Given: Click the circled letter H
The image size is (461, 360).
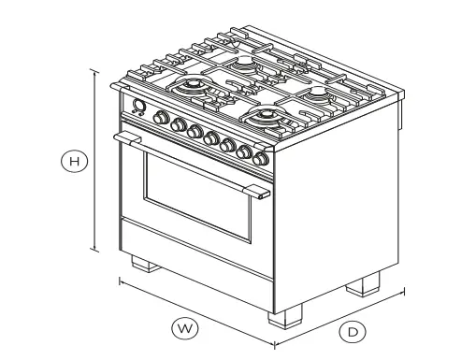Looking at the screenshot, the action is click(73, 161).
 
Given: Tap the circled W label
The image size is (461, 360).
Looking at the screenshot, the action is click(185, 328).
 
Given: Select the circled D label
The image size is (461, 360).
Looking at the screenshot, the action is click(353, 331).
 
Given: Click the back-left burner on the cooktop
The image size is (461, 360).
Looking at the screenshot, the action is click(245, 63).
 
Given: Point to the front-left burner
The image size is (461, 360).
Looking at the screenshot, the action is click(193, 89).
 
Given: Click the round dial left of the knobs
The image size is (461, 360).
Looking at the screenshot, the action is click(139, 106).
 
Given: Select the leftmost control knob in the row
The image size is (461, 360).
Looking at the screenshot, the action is click(160, 119).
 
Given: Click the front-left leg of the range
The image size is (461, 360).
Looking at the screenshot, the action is click(143, 263).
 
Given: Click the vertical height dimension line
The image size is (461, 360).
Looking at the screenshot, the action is click(94, 159).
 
